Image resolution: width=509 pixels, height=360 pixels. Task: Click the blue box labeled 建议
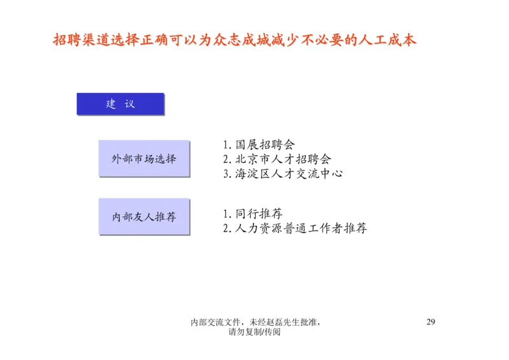pos(120,104)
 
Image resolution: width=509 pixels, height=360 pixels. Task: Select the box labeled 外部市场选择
pos(144,158)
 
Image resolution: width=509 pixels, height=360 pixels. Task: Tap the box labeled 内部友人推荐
pos(144,216)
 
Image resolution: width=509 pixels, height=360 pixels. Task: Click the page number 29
pos(430,321)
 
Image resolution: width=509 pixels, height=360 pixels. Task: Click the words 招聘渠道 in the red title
pos(83,40)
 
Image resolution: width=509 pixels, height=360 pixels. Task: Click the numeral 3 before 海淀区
pos(227,174)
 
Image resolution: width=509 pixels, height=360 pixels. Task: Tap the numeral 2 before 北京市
pos(227,160)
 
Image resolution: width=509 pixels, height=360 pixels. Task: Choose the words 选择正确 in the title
pos(144,40)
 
